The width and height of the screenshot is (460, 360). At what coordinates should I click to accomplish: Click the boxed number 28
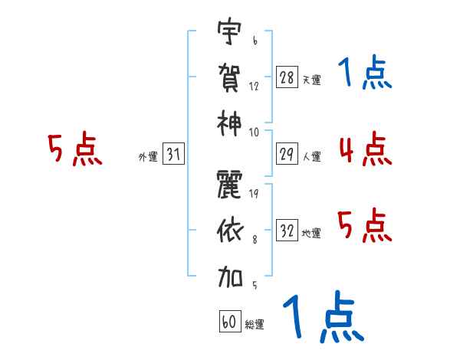coord(287,77)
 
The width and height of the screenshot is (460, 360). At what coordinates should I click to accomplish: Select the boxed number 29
coord(287,154)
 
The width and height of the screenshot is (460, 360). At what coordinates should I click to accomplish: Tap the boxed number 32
coord(287,231)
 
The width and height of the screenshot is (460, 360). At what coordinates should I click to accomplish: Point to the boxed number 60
coord(229,322)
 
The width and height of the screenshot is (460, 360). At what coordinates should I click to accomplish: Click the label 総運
coord(254,325)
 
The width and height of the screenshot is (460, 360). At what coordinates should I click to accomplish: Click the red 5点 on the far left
coord(74,149)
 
